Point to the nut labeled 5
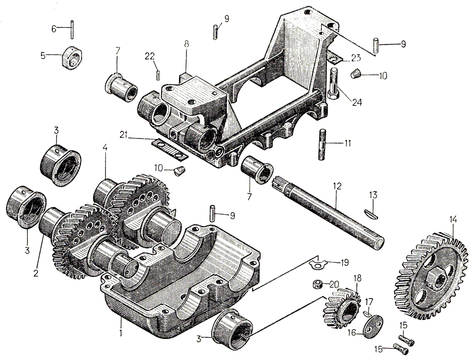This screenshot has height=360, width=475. (70, 57)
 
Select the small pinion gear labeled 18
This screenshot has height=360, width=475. (340, 309)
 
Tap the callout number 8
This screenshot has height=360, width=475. (187, 44)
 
